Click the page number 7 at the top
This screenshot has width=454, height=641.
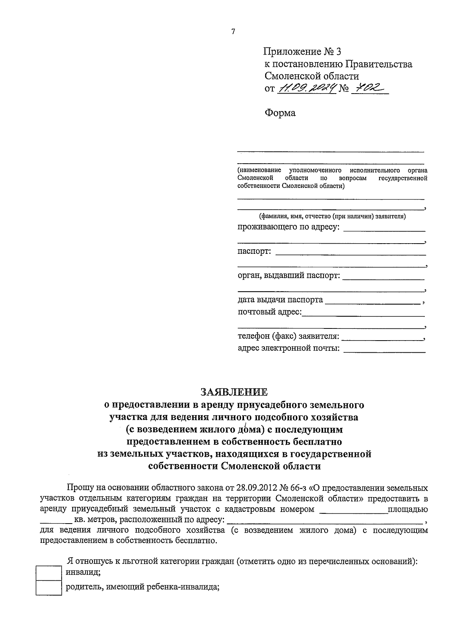(x=233, y=32)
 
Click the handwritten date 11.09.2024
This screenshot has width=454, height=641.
(x=306, y=88)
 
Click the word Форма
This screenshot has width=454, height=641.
(x=280, y=113)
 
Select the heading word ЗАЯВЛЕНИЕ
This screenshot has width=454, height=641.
(x=234, y=391)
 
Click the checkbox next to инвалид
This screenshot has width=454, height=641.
(x=48, y=572)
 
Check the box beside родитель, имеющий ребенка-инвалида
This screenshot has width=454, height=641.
(x=48, y=587)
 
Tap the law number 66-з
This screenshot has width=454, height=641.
(x=299, y=487)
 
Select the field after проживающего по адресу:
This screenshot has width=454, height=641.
(x=384, y=229)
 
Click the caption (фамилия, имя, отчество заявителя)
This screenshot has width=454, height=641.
(x=332, y=217)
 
